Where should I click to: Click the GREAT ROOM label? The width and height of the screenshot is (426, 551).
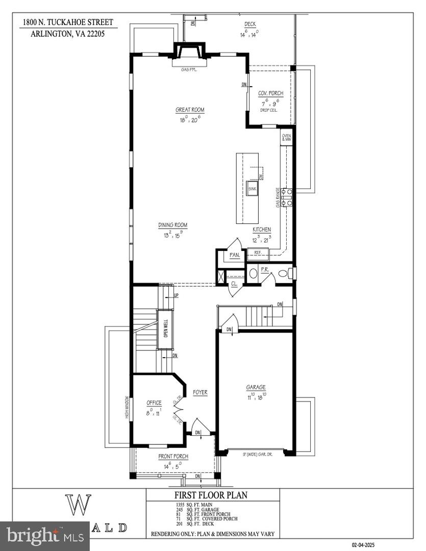click(x=190, y=110)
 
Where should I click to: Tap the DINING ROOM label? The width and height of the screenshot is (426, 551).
click(x=172, y=225)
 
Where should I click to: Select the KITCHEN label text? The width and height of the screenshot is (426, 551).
click(x=262, y=230)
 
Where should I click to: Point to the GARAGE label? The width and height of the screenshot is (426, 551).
click(x=256, y=387)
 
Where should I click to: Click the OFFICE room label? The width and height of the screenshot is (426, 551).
click(x=154, y=403)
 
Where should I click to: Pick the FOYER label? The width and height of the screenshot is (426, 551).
click(x=200, y=392)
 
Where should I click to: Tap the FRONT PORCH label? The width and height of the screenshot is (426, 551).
click(x=173, y=456)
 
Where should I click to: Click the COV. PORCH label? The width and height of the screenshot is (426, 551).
click(x=270, y=93)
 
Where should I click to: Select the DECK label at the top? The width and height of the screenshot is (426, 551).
click(x=250, y=24)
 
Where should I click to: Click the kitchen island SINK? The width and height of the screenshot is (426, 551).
click(x=252, y=188)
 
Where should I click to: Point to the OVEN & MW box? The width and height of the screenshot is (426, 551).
click(x=287, y=138)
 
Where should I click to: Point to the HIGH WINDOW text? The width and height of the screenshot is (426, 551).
click(x=128, y=408)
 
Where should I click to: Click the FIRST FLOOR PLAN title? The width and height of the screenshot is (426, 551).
click(x=212, y=495)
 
